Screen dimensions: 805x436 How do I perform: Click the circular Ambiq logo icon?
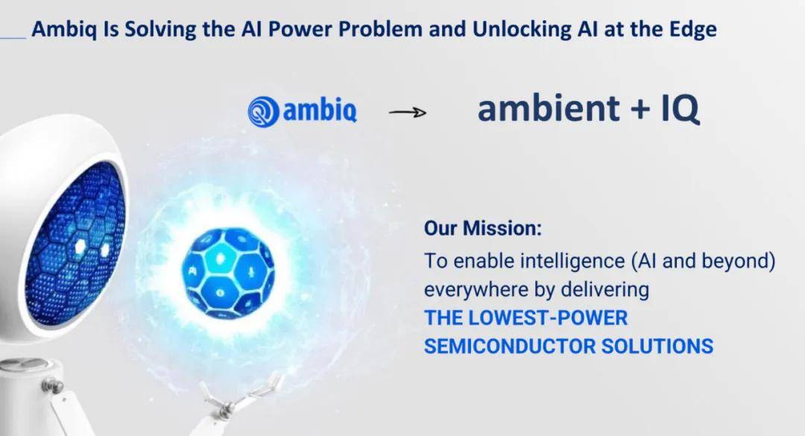[264, 112]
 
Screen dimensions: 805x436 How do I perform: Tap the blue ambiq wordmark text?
[320, 110]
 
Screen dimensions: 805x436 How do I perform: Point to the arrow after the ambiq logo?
[408, 113]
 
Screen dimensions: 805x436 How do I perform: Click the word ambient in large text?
[549, 108]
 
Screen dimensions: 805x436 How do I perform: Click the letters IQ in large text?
[680, 109]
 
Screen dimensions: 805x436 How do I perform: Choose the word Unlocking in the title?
[521, 30]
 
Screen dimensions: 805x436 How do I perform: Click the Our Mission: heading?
[482, 228]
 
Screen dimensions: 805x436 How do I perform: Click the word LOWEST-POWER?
[548, 318]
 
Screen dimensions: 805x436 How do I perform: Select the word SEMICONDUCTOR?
[509, 346]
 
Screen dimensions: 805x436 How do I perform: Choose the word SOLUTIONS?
[657, 346]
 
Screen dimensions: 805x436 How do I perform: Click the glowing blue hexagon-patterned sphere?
[228, 274]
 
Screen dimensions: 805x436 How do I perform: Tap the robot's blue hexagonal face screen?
[75, 242]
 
